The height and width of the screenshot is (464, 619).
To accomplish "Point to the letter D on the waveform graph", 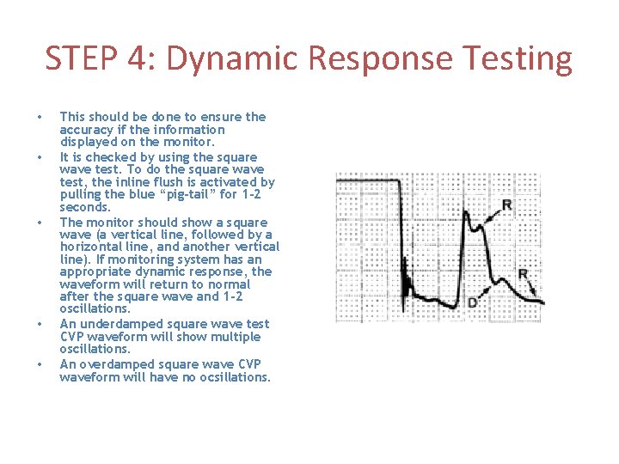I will (472, 303).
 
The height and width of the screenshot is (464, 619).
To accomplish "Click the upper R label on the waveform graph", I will (506, 205).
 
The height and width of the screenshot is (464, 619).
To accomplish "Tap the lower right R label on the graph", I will (524, 274).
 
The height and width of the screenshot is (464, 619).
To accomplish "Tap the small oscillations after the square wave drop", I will (410, 288).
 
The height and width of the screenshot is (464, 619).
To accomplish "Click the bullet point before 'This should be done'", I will (38, 117).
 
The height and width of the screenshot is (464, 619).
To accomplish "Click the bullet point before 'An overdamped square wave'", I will (38, 364).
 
